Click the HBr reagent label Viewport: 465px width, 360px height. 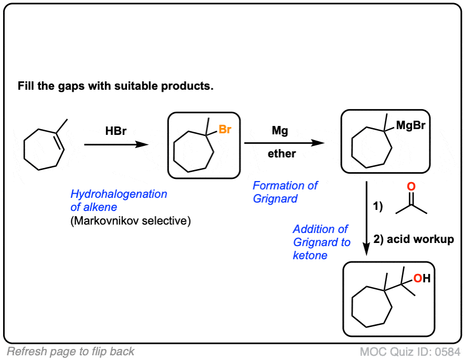pyautogui.click(x=115, y=132)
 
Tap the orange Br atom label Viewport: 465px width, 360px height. pyautogui.click(x=225, y=129)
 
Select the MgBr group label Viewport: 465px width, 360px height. pyautogui.click(x=410, y=125)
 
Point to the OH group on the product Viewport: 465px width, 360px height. pyautogui.click(x=421, y=279)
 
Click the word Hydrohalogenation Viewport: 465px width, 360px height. pyautogui.click(x=119, y=194)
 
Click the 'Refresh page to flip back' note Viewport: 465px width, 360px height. pyautogui.click(x=71, y=352)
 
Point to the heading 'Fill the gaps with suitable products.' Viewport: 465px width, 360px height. pyautogui.click(x=115, y=86)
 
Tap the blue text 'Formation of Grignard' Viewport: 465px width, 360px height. pyautogui.click(x=284, y=192)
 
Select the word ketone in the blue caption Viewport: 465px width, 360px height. pyautogui.click(x=310, y=256)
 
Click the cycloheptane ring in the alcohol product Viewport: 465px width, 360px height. pyautogui.click(x=372, y=310)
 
